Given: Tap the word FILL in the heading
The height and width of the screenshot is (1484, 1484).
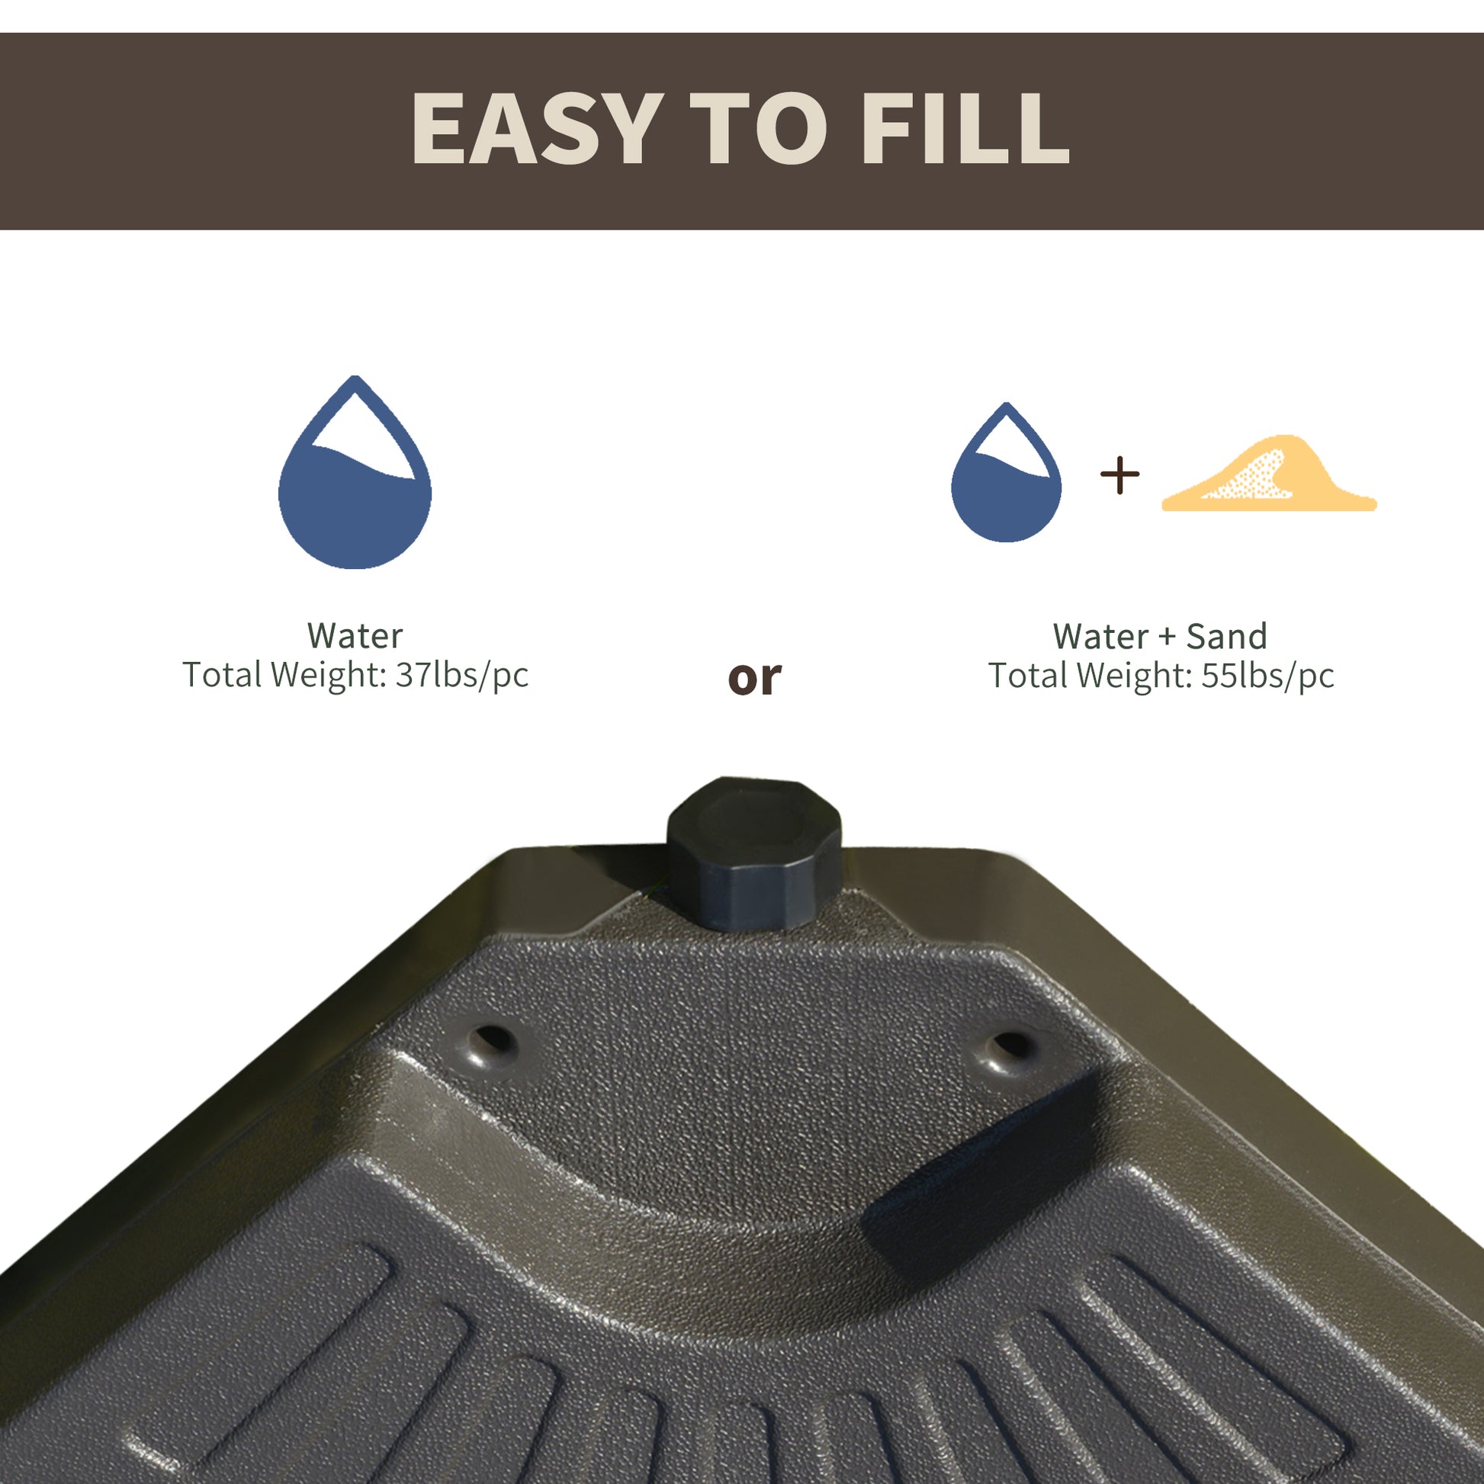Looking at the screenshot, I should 965,127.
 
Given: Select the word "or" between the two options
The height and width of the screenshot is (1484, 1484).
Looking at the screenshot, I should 753,677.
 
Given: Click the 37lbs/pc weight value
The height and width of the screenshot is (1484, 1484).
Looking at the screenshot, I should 461,675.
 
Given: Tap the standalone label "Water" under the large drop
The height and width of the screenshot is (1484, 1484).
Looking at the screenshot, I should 354,636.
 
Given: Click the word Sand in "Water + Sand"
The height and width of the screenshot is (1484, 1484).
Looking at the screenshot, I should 1226,637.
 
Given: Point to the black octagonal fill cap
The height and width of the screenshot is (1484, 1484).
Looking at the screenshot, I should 753,853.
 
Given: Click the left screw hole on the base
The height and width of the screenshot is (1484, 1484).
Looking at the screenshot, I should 492,1043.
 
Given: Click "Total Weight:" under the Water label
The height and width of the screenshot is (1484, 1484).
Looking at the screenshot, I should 284,675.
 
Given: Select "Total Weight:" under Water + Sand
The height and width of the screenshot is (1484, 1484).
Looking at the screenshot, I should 1089,676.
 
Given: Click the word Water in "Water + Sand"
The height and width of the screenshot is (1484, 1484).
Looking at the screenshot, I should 1100,637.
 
